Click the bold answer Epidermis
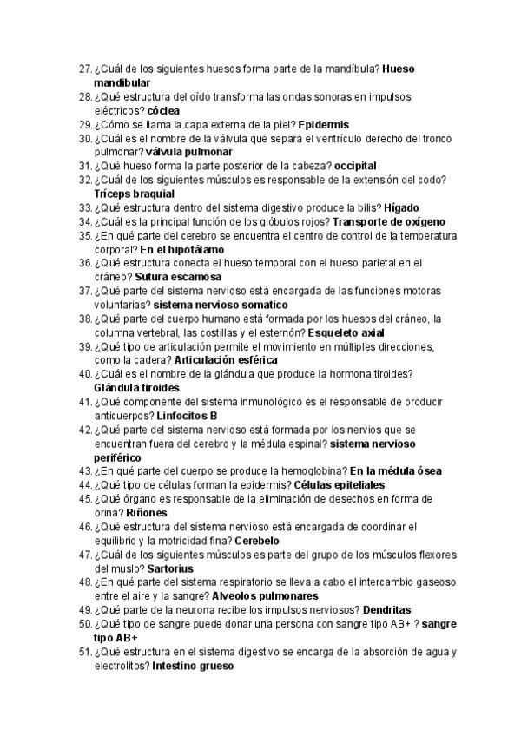point(323,124)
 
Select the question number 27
point(84,69)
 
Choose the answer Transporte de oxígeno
point(394,221)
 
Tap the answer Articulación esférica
point(226,360)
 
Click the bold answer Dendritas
point(399,610)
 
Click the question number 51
point(84,652)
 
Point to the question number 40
point(84,374)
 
